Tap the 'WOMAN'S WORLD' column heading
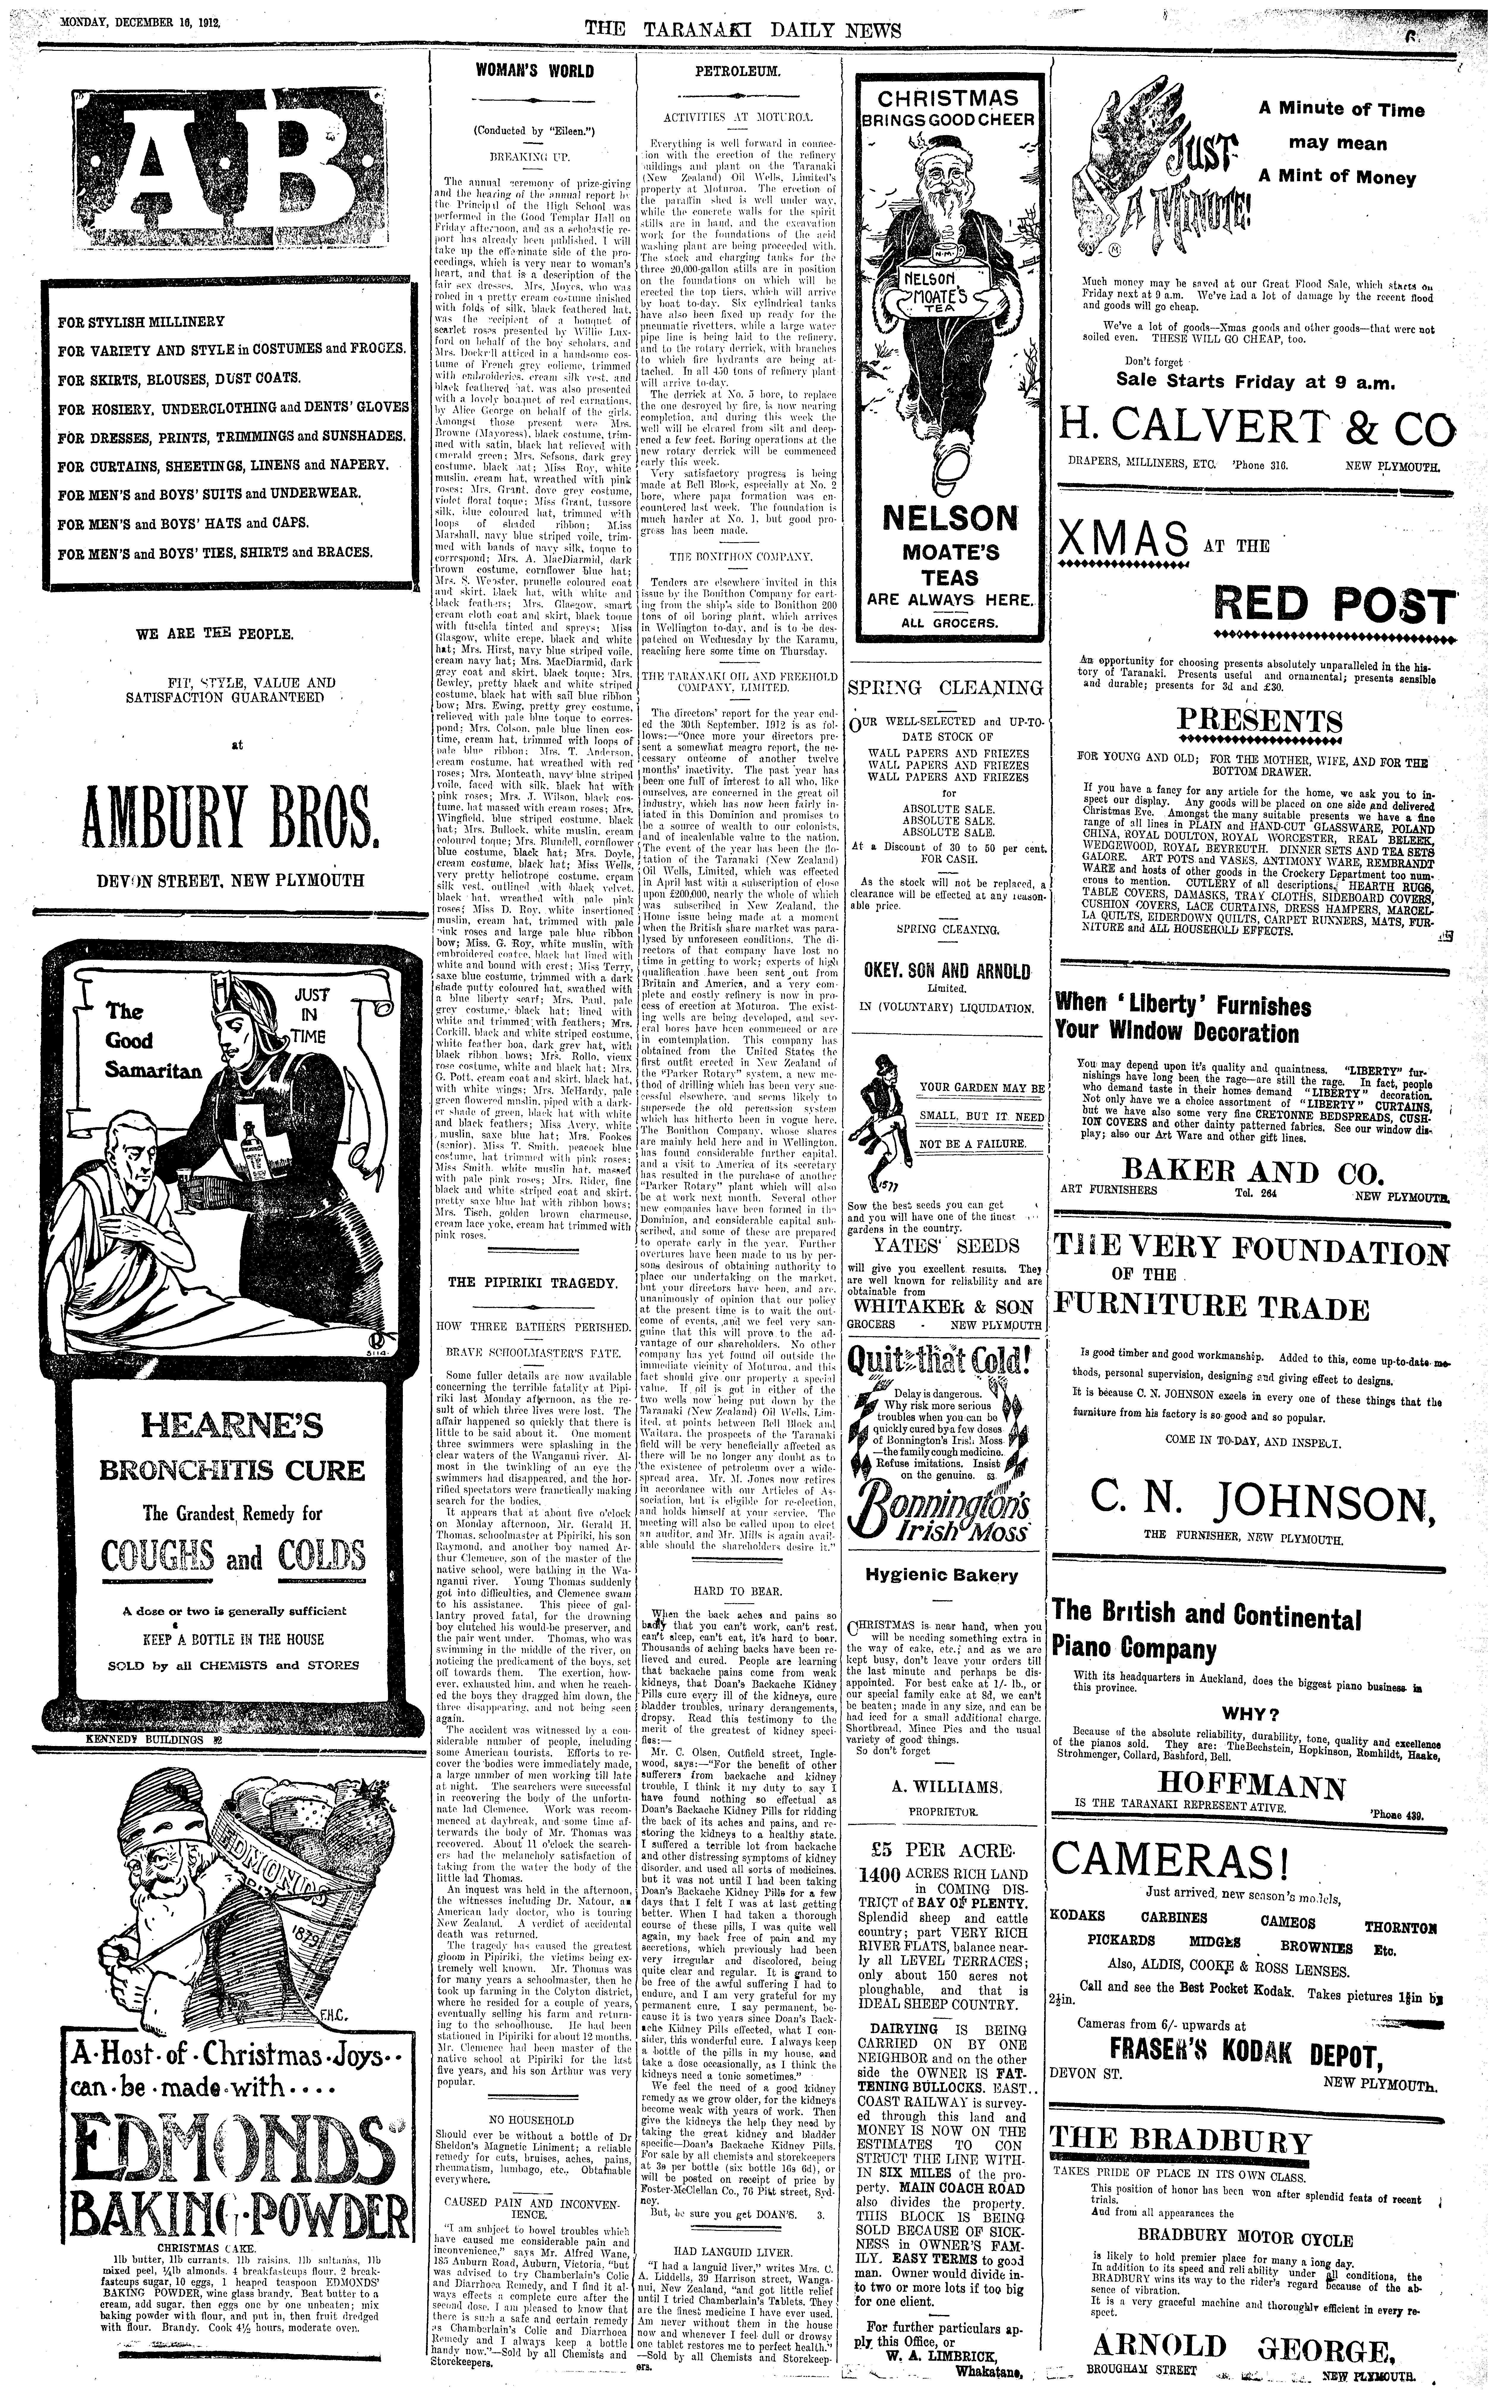[535, 71]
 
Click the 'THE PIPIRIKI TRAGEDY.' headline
[533, 1282]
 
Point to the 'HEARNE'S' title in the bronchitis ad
[232, 1425]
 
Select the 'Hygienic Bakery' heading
[941, 1575]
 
